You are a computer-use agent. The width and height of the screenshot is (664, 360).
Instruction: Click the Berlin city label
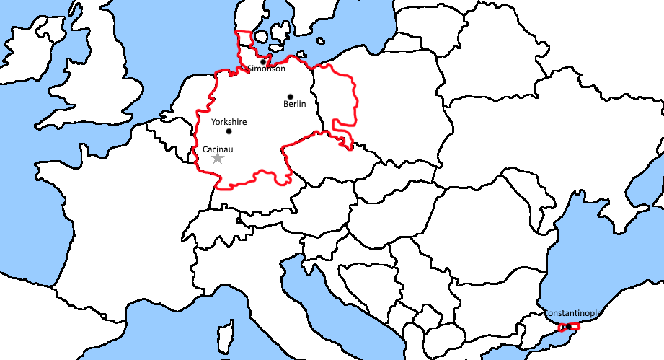[295, 105]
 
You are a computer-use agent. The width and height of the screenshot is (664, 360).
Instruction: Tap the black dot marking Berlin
[291, 97]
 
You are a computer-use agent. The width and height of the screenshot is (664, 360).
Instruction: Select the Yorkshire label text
[229, 122]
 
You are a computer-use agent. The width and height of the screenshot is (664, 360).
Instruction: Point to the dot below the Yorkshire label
[229, 131]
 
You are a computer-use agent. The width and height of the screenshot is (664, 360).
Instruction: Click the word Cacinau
[218, 149]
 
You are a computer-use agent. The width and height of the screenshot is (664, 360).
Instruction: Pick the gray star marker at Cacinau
[218, 158]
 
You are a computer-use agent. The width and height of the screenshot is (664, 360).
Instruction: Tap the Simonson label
[267, 69]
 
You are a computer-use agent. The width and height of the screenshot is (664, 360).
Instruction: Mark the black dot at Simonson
[263, 61]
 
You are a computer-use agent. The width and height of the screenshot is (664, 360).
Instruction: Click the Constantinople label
[572, 314]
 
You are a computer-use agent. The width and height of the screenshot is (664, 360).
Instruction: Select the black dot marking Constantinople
[567, 327]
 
